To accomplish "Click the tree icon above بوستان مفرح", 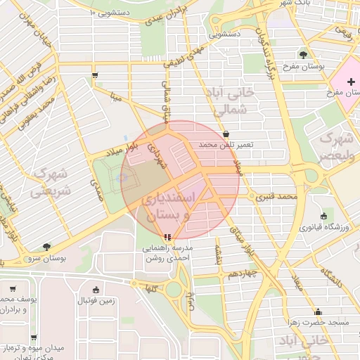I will pyautogui.click(x=303, y=54).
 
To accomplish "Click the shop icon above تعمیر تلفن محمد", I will pyautogui.click(x=226, y=134).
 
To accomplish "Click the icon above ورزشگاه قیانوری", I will pyautogui.click(x=323, y=216).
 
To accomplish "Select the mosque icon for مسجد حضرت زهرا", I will pyautogui.click(x=318, y=311).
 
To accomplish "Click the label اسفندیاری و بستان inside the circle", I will pyautogui.click(x=167, y=207).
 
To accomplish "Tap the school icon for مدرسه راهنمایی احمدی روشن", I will pyautogui.click(x=167, y=237).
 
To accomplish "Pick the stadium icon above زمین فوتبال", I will pyautogui.click(x=96, y=290).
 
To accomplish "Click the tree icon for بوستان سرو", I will pyautogui.click(x=46, y=247).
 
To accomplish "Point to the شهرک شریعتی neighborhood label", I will pyautogui.click(x=49, y=181).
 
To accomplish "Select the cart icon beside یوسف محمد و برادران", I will pyautogui.click(x=12, y=288).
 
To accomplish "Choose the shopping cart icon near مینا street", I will pyautogui.click(x=95, y=74).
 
